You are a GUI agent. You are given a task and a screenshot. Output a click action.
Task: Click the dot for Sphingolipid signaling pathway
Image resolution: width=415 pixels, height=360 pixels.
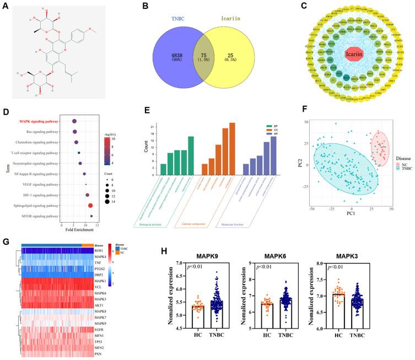[90, 205]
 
